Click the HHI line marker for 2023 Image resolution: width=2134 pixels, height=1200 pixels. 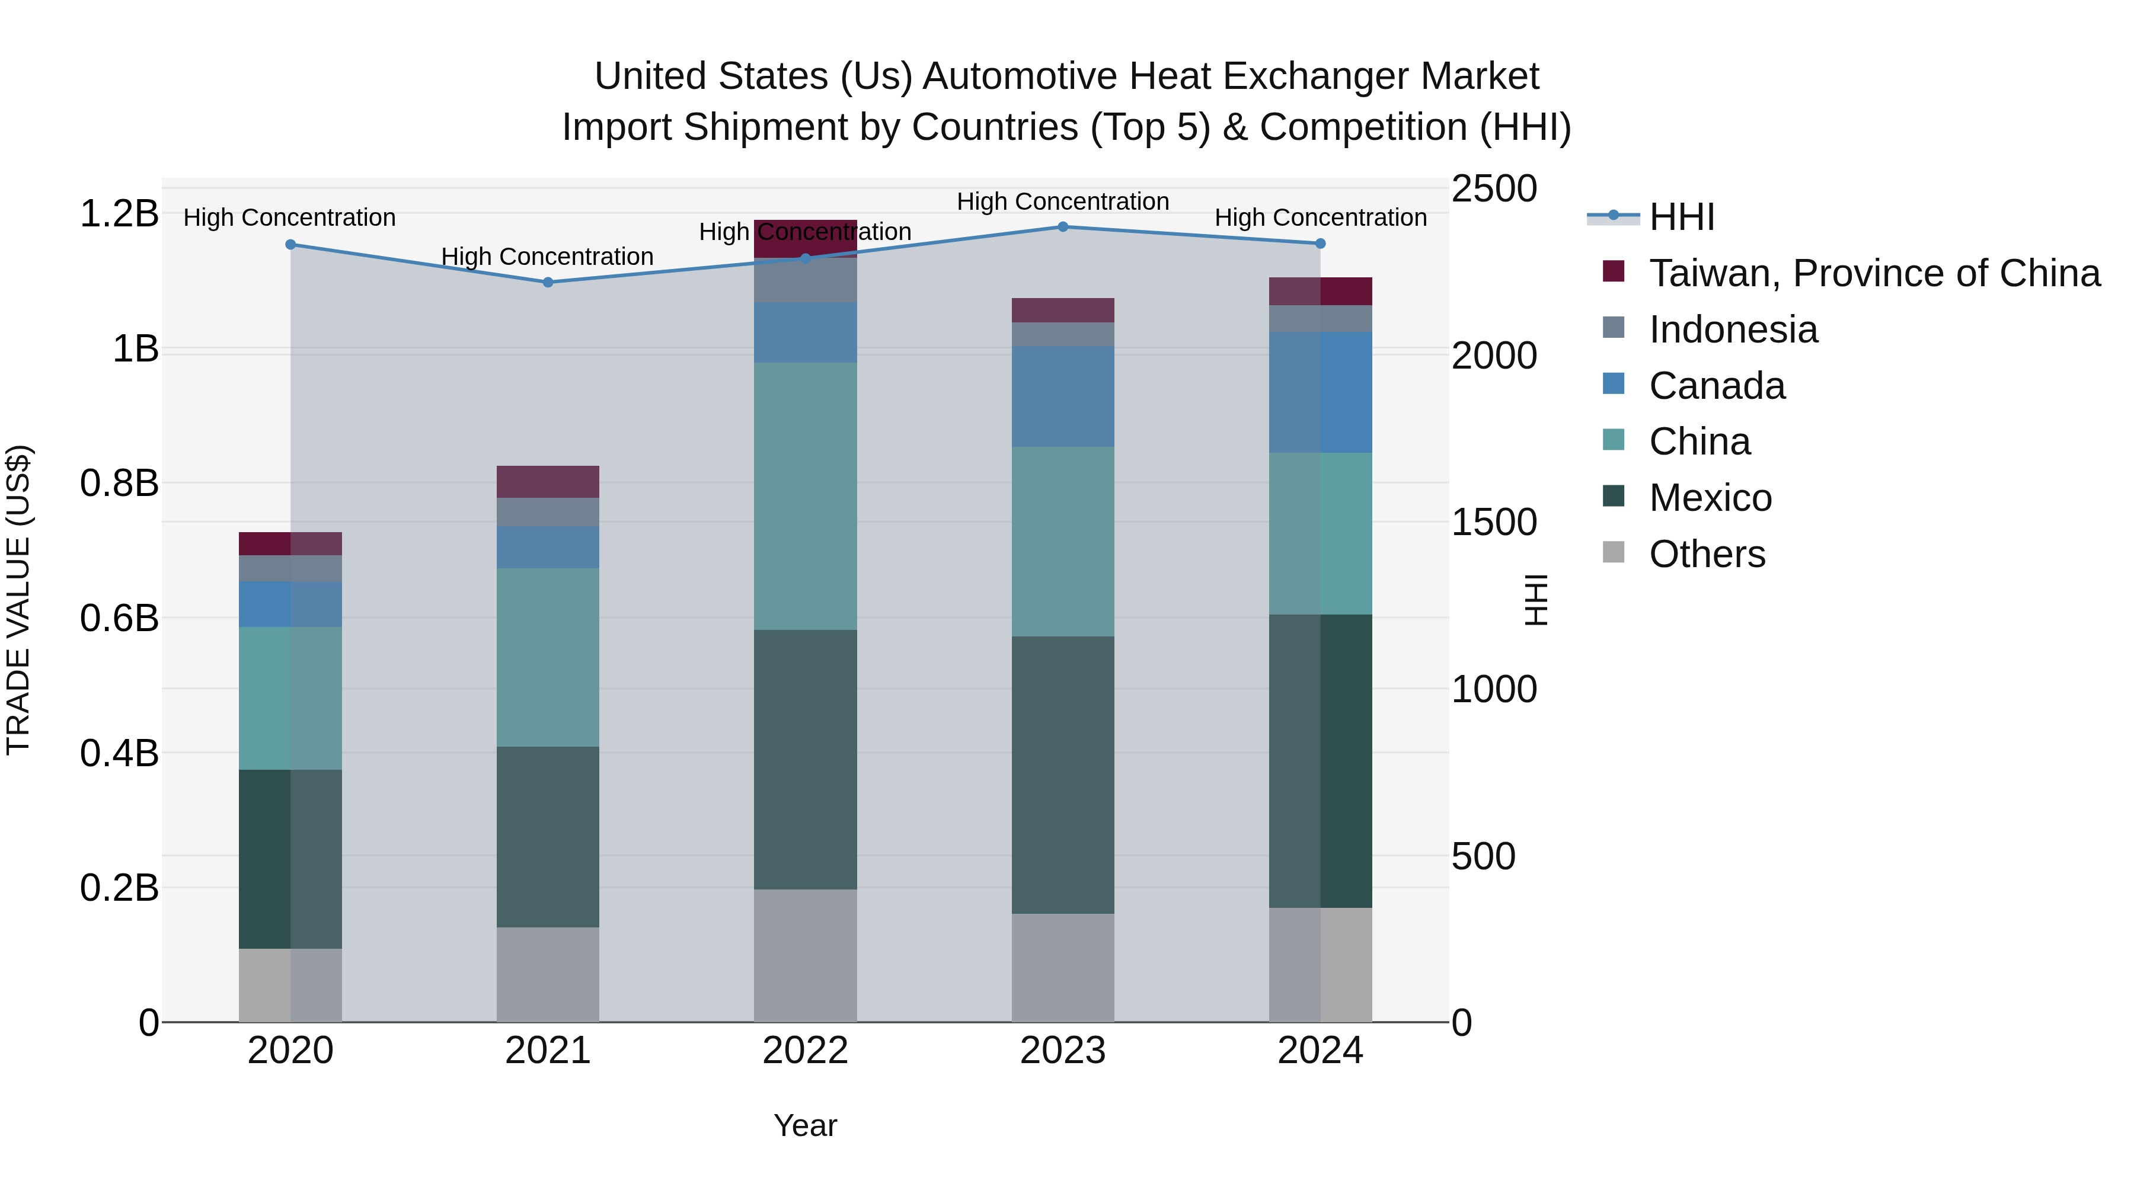pos(1063,227)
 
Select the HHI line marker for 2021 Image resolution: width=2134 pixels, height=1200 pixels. pos(548,283)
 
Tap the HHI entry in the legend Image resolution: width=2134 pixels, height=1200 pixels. pos(1681,217)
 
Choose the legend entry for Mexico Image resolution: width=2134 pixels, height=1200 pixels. pos(1710,498)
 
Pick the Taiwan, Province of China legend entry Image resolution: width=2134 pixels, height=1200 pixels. pos(1874,273)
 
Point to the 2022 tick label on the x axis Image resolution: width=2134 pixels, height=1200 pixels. pos(805,1051)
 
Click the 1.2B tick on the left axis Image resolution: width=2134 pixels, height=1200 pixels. pos(119,214)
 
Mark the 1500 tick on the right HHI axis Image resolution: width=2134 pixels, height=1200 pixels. pos(1494,523)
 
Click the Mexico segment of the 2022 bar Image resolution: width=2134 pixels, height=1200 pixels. pos(805,760)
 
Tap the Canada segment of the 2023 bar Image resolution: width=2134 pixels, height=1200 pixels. pos(1063,396)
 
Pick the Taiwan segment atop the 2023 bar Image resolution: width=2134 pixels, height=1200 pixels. pos(1063,310)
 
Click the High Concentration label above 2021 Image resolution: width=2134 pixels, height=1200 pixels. pos(548,257)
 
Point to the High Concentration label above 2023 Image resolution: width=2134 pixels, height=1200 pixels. pos(1063,201)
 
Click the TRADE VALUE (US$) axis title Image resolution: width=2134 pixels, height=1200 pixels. pos(18,600)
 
